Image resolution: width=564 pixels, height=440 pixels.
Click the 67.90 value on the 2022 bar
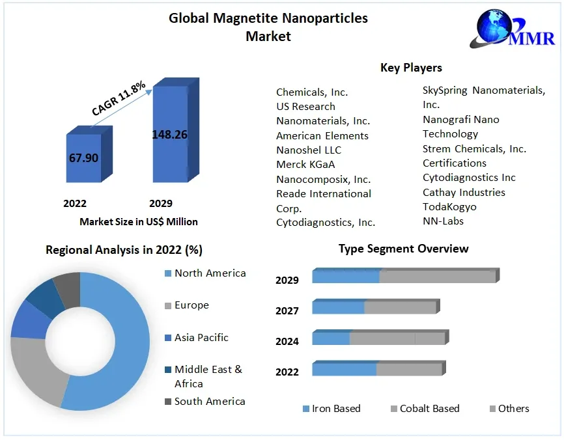[83, 158]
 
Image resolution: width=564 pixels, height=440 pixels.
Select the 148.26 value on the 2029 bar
[169, 135]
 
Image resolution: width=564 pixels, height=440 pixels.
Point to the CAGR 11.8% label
[119, 99]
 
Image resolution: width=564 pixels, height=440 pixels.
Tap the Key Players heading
[411, 68]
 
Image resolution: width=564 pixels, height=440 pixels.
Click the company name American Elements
[322, 135]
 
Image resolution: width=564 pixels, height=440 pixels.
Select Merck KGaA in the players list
[305, 165]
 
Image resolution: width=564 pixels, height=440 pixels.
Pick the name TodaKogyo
[449, 206]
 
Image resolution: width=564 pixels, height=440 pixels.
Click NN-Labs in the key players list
[443, 221]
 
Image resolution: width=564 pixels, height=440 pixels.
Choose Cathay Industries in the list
[464, 192]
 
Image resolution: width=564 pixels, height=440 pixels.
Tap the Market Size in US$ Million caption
[139, 221]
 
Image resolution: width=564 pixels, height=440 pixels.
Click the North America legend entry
[210, 273]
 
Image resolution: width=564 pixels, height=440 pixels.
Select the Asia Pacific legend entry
[201, 337]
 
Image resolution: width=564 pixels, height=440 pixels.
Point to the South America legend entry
[210, 401]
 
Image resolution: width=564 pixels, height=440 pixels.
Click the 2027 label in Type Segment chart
[287, 310]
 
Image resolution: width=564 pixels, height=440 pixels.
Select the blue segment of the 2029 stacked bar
[345, 276]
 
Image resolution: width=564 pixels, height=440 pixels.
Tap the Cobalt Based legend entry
[429, 409]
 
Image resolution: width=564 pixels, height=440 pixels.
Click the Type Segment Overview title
[403, 249]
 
